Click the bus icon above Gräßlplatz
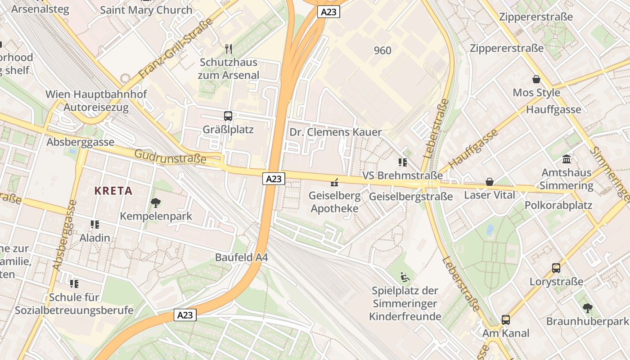tap(228, 116)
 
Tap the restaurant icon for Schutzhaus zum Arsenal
tap(228, 48)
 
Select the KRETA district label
tap(113, 190)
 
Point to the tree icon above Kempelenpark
tap(156, 202)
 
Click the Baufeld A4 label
tap(242, 257)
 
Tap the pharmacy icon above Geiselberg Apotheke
tap(334, 182)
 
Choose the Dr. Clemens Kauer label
tap(335, 132)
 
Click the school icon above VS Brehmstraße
tap(402, 162)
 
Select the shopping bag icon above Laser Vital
tap(490, 182)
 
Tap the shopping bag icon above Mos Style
tap(536, 79)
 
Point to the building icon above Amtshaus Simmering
tap(567, 159)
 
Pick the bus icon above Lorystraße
tap(556, 268)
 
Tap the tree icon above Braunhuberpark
tap(587, 308)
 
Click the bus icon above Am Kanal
tap(506, 320)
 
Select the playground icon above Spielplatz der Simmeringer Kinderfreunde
tap(405, 277)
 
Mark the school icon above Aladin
tap(94, 224)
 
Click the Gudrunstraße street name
tap(170, 157)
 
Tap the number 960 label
tap(382, 50)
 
